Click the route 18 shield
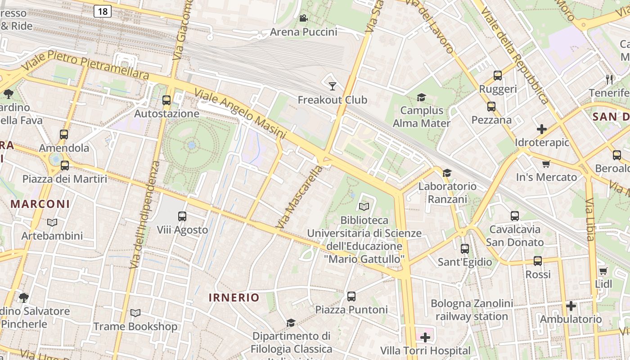(x=103, y=11)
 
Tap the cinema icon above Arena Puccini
(x=303, y=18)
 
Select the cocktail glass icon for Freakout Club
(x=333, y=86)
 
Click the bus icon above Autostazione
(x=166, y=100)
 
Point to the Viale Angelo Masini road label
(x=240, y=114)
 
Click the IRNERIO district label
(x=234, y=297)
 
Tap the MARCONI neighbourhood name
(x=40, y=204)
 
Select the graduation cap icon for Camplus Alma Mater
(x=421, y=97)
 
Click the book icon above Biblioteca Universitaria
(x=364, y=207)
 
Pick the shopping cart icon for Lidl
(x=603, y=271)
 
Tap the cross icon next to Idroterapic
(x=542, y=129)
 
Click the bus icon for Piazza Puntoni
(x=351, y=297)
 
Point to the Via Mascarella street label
(x=300, y=197)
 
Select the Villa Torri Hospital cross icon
(x=425, y=337)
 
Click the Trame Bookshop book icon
(x=135, y=313)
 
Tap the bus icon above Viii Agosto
(x=182, y=216)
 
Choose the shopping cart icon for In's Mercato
(x=546, y=164)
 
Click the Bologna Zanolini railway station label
(x=472, y=310)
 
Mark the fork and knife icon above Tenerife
(x=610, y=80)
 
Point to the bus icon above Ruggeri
(x=498, y=76)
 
